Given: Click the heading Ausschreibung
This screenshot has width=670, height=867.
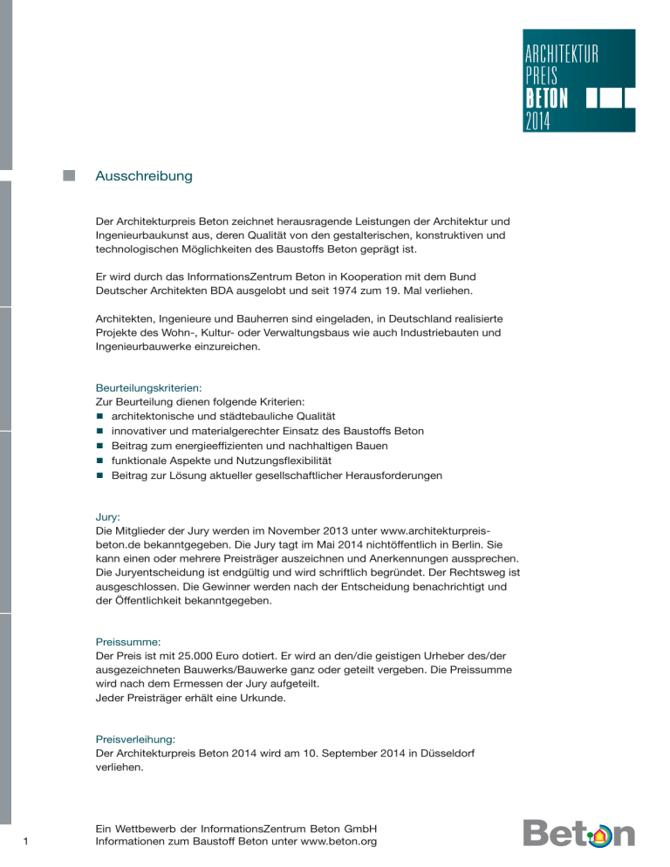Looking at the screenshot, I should [x=143, y=176].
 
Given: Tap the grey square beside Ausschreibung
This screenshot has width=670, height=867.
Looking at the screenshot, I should [x=69, y=175].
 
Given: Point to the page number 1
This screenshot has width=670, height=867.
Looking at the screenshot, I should [x=29, y=841].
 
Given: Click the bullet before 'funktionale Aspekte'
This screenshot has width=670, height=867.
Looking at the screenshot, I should [x=100, y=461].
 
